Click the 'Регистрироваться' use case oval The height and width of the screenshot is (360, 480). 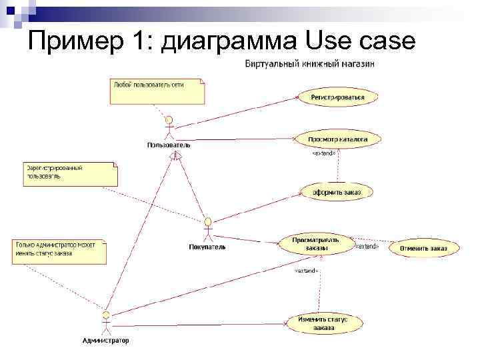[337, 97]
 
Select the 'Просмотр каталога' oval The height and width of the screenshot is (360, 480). [337, 139]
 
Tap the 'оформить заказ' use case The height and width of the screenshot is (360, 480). [337, 192]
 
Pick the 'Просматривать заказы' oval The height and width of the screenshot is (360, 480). [316, 244]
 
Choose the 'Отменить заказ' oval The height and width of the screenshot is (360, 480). [424, 249]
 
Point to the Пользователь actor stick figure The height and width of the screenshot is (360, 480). [169, 128]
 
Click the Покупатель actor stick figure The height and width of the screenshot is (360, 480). [208, 230]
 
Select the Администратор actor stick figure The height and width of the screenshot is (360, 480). [105, 323]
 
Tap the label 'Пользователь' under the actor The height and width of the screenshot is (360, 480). [169, 145]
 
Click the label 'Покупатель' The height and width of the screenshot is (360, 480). [207, 247]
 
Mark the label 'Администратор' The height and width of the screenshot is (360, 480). [105, 341]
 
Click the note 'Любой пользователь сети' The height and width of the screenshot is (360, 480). [157, 91]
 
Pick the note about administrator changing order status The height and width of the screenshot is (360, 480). [59, 251]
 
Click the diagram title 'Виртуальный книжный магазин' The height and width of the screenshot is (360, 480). [310, 65]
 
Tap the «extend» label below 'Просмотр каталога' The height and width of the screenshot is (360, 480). [324, 153]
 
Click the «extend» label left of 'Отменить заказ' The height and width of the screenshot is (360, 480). [366, 246]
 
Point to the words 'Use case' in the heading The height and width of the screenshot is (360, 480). [361, 43]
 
